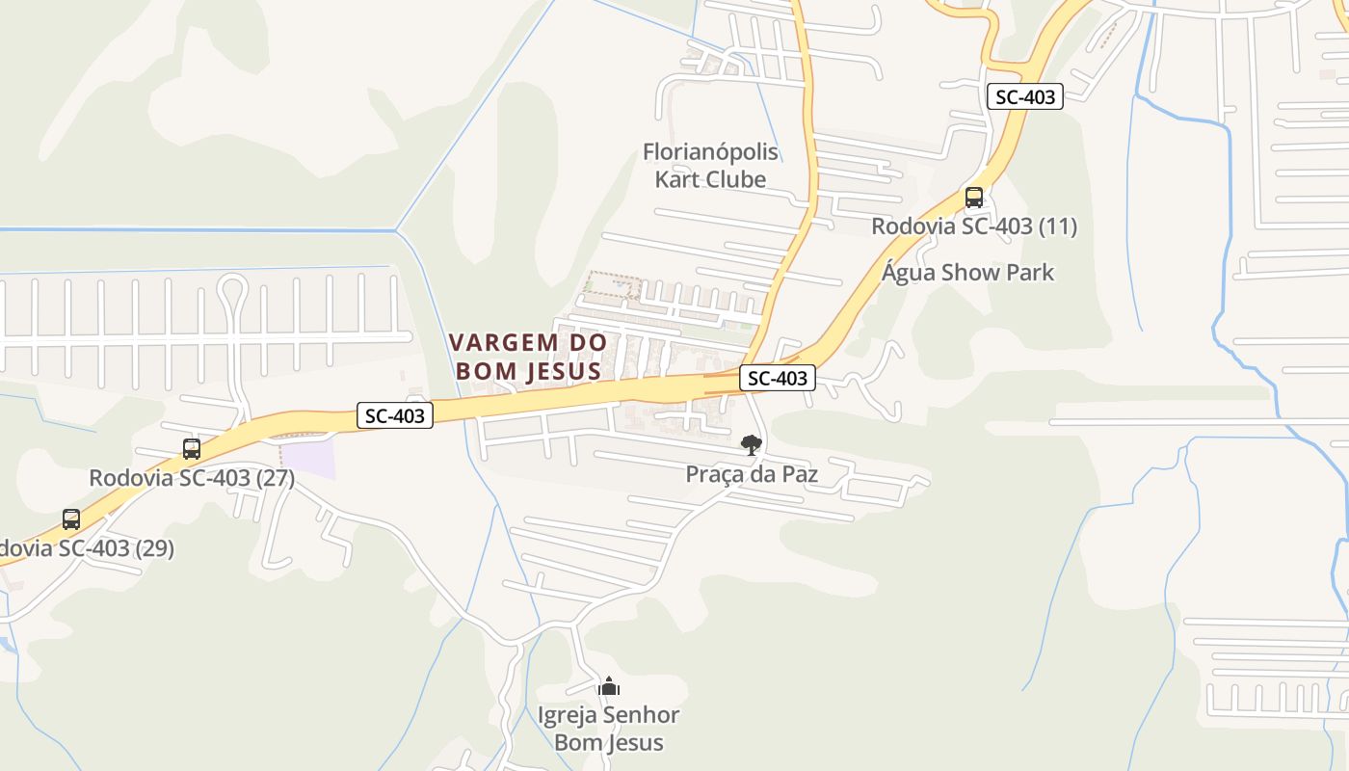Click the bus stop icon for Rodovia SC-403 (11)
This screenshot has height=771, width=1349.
[974, 198]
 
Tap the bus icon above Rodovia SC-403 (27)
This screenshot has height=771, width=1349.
[192, 448]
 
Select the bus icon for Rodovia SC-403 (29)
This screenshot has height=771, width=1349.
[71, 519]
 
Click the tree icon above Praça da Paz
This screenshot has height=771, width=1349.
[751, 444]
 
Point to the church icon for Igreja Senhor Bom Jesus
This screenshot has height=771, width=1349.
[609, 686]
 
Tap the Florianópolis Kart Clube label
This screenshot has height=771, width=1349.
[710, 166]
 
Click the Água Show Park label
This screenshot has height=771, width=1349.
[967, 273]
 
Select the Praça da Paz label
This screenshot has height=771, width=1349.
[752, 474]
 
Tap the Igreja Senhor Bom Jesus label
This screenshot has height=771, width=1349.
[609, 729]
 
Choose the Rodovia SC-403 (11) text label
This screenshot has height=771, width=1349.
[974, 226]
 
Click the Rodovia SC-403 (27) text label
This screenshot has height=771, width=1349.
[192, 478]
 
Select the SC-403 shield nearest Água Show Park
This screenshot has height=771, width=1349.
[1025, 96]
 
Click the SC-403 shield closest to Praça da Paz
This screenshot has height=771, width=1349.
[778, 379]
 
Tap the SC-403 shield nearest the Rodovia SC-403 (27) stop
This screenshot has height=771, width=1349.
[395, 415]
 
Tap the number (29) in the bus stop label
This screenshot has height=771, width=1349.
[154, 548]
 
